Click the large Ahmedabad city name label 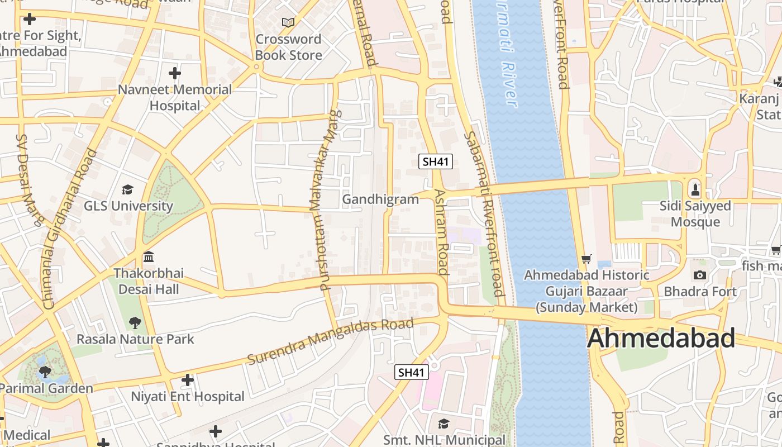[x=661, y=339]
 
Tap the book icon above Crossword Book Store [x=288, y=23]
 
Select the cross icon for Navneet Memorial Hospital [x=175, y=73]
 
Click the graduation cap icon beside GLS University [x=128, y=189]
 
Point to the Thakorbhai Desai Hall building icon [x=149, y=257]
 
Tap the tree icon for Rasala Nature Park [x=135, y=322]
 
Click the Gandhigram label [x=380, y=199]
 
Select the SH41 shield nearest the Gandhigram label [x=435, y=162]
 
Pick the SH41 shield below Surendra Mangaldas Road [x=412, y=372]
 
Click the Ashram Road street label [x=441, y=232]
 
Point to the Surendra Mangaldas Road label [x=330, y=340]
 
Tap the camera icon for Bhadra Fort [x=699, y=275]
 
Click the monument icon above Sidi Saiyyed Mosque [x=695, y=189]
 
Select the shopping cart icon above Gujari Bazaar [x=586, y=258]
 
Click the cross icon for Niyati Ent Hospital [x=188, y=381]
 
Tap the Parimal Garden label [x=46, y=388]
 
